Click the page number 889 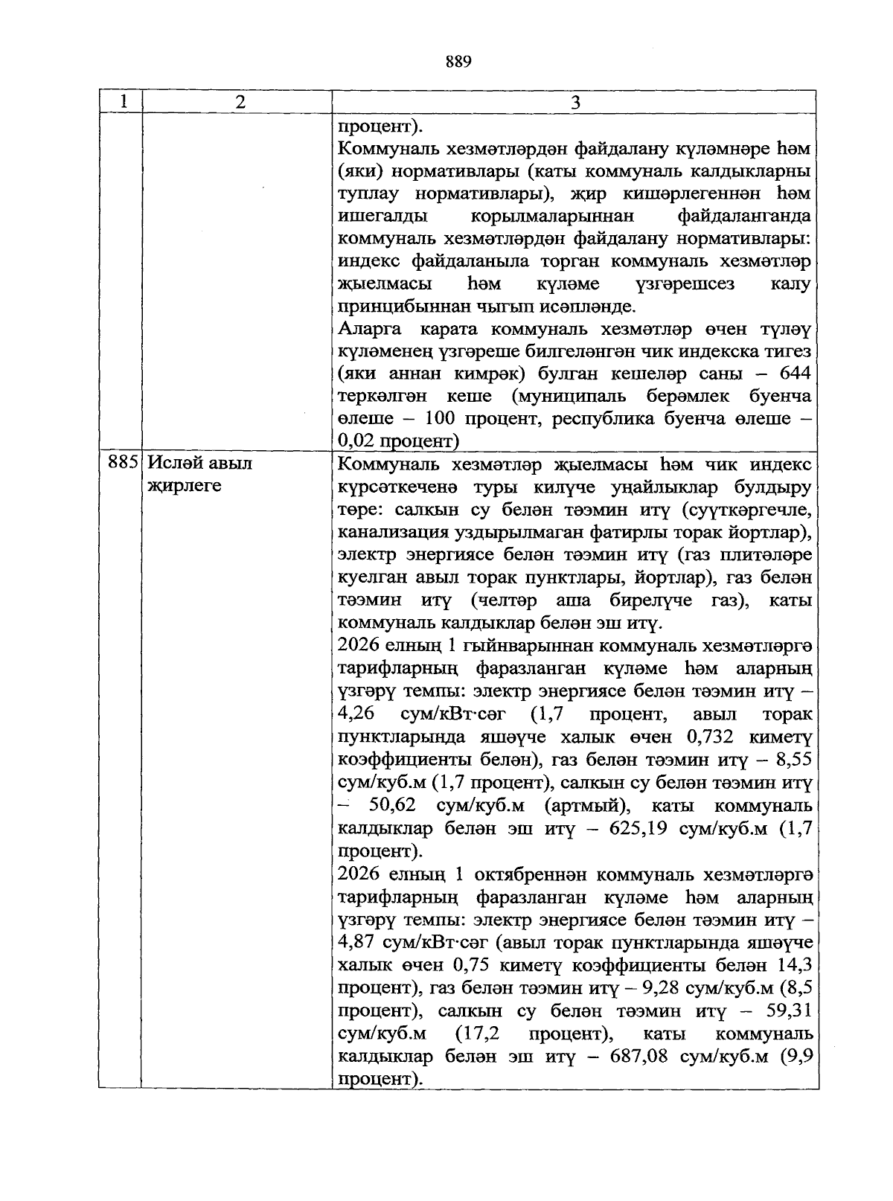[458, 62]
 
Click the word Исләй [175, 464]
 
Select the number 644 [793, 373]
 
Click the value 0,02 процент [395, 441]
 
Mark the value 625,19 [639, 829]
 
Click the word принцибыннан [396, 307]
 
